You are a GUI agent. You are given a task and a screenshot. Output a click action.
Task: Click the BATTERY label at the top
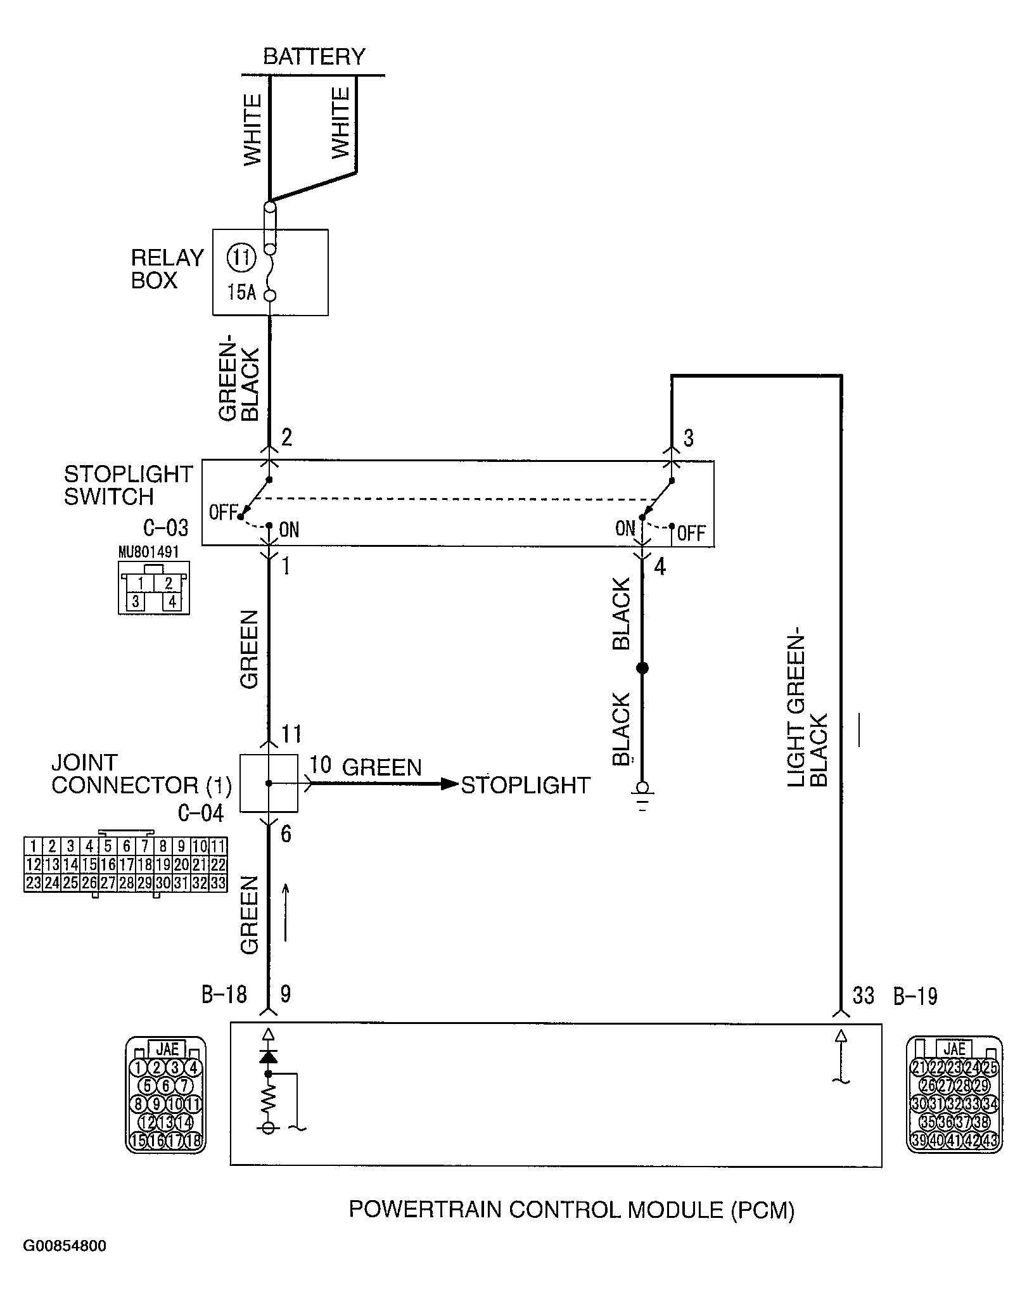(x=314, y=57)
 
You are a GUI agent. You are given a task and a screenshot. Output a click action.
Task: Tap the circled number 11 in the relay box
(x=241, y=258)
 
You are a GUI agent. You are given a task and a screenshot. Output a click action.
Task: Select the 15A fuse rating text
(x=241, y=293)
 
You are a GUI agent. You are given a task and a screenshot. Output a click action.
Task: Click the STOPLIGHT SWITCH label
(x=128, y=485)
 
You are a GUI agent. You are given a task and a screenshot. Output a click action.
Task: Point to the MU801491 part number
(x=148, y=552)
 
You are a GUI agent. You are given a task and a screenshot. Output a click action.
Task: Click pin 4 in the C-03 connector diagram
(x=171, y=601)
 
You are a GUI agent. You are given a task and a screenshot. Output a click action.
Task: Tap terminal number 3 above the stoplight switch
(x=689, y=438)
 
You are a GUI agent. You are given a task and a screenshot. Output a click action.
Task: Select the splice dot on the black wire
(x=642, y=668)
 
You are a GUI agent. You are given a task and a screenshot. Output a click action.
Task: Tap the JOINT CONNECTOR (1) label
(x=141, y=774)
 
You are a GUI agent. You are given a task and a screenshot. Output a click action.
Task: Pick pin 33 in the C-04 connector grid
(x=218, y=883)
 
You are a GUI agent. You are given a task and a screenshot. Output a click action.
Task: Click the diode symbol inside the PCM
(x=269, y=1056)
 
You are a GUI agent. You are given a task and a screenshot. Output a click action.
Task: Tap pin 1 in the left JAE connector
(x=137, y=1068)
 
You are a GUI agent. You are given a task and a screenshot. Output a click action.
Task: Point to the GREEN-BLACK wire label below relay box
(x=239, y=383)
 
